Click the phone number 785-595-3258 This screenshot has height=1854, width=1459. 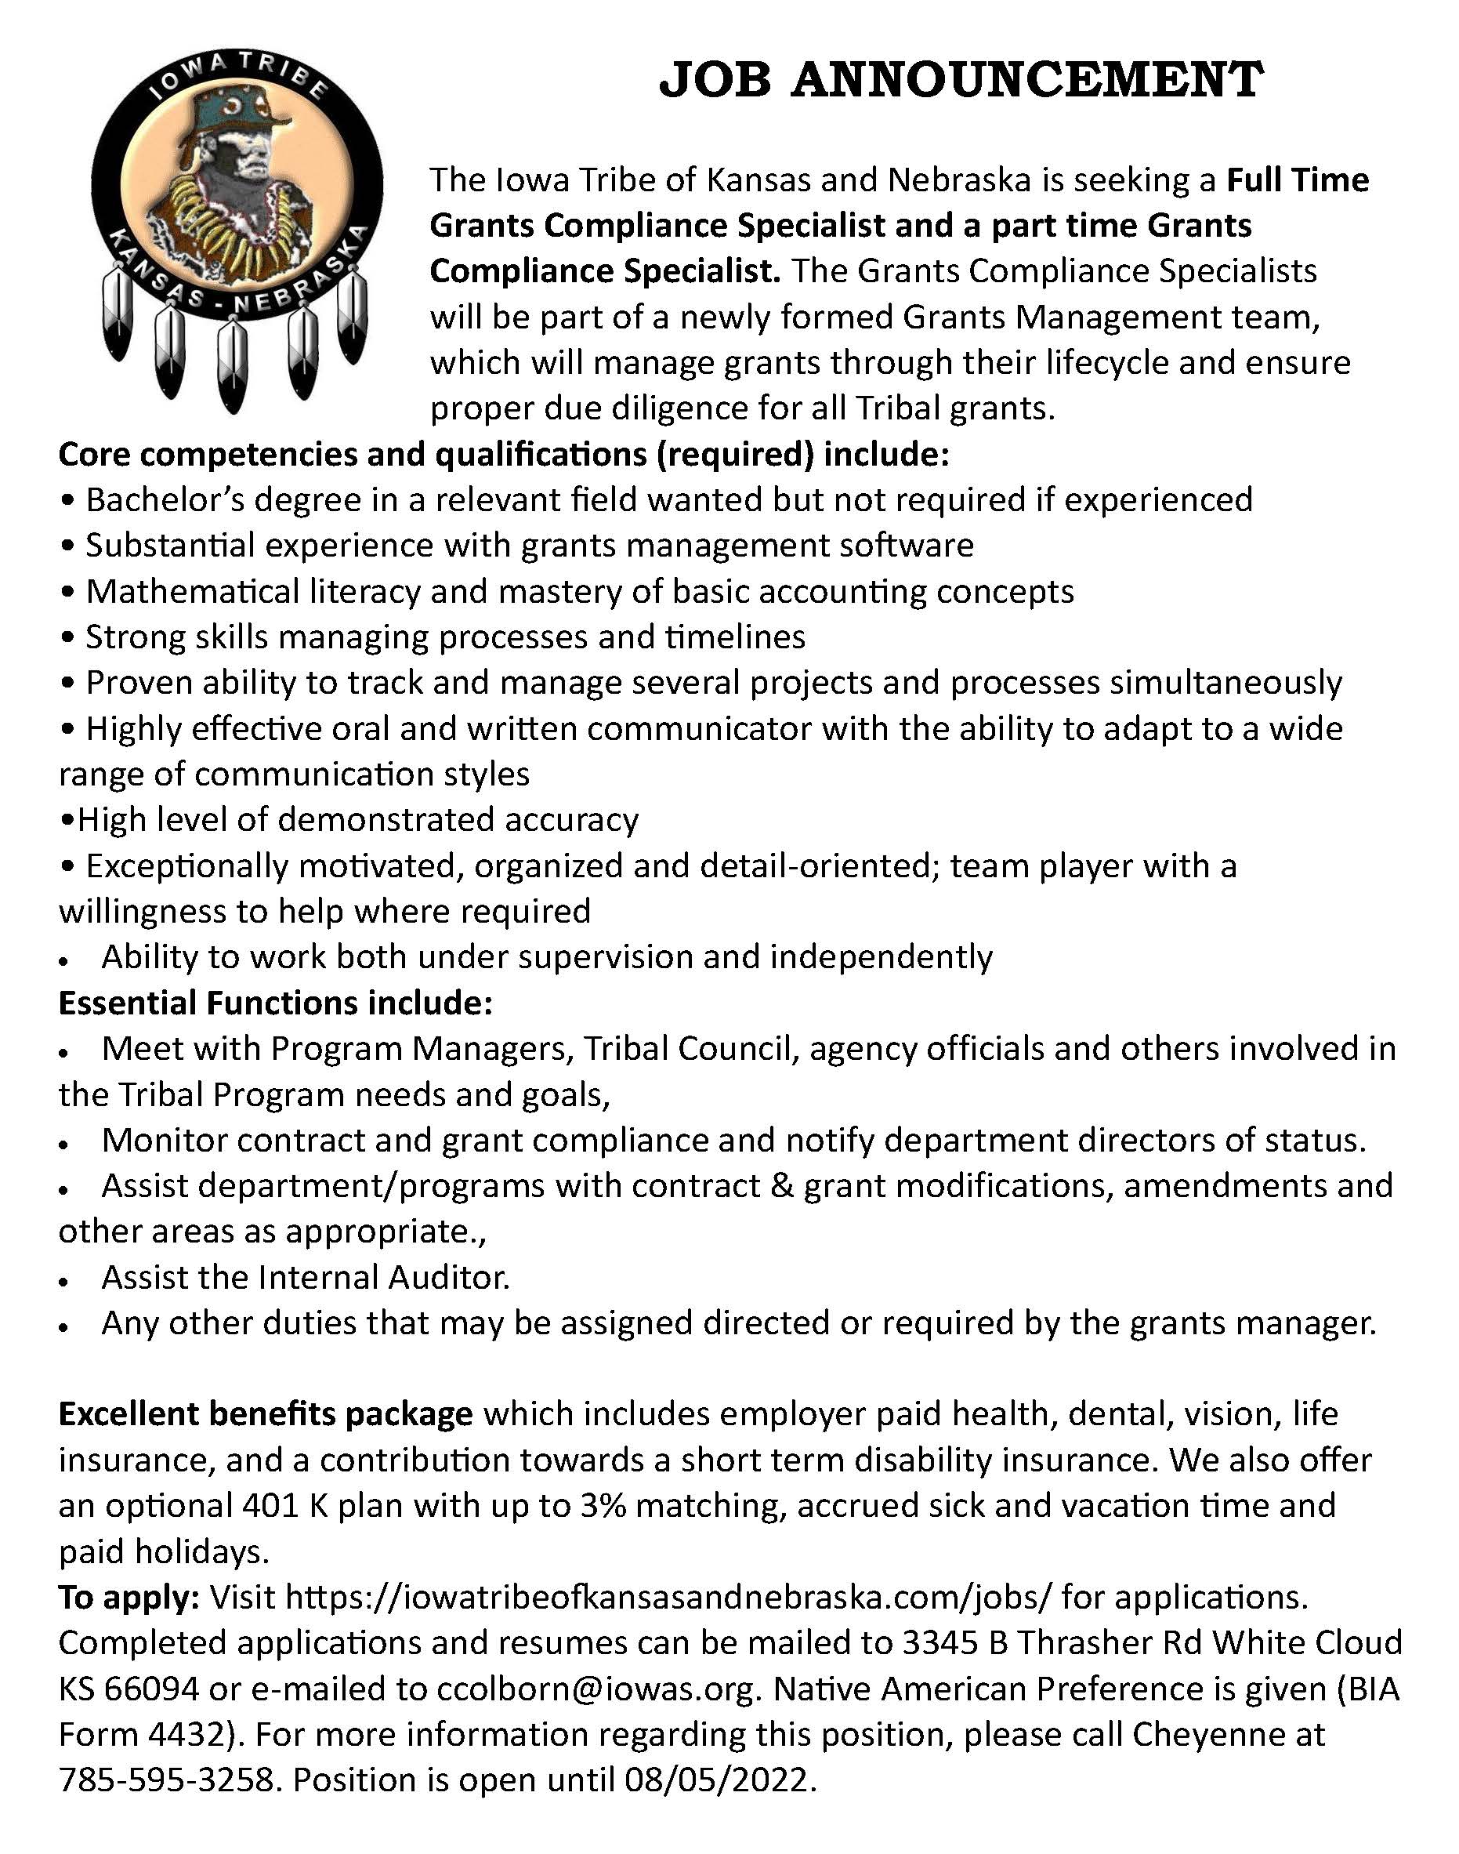[168, 1780]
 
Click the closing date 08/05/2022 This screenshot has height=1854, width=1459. [716, 1780]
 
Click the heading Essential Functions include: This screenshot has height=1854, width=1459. [275, 1002]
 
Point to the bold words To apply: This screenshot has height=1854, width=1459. [129, 1596]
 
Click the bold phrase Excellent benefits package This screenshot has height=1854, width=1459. [265, 1414]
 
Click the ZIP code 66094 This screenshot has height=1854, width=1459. [152, 1689]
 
